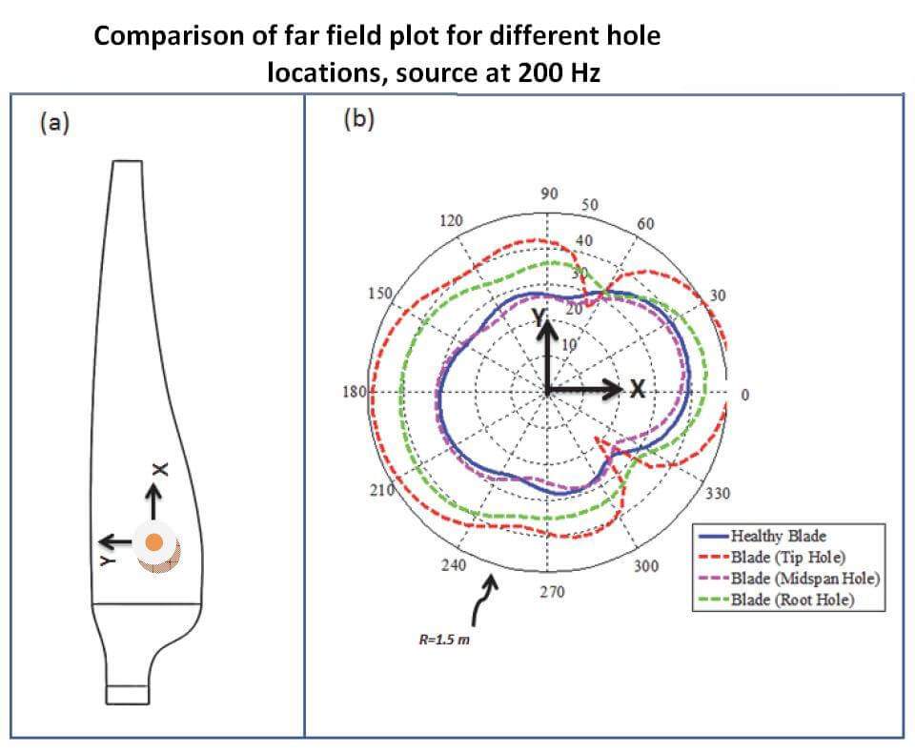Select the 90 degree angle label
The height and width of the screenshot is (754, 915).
[549, 194]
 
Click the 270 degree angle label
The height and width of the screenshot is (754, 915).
[552, 592]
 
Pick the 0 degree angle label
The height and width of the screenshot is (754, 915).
[745, 394]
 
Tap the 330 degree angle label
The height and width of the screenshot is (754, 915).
[718, 494]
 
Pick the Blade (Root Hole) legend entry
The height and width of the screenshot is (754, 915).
[793, 600]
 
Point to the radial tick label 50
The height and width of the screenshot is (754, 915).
[590, 205]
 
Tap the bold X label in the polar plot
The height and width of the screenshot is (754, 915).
[638, 389]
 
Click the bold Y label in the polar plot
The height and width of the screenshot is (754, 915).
[538, 316]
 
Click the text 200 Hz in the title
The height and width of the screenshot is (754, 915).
[559, 72]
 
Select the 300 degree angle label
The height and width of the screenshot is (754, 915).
[645, 566]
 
